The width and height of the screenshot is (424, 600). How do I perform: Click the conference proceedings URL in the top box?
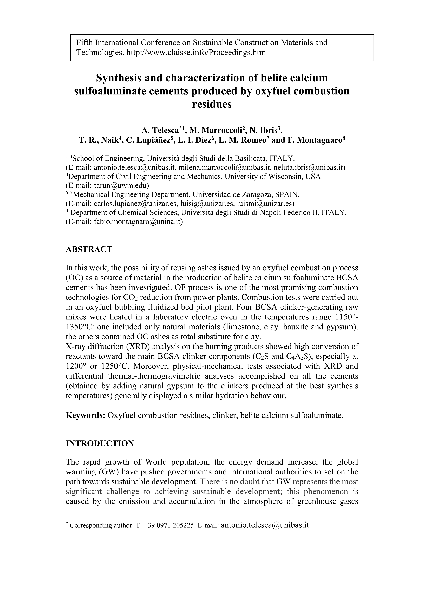click(x=196, y=53)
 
